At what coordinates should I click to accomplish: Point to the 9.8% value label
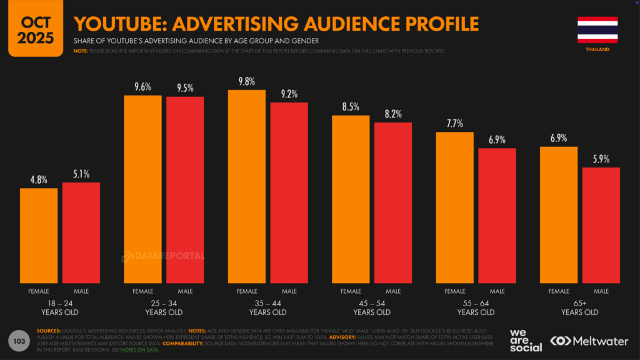247,81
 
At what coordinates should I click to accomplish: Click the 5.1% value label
81,174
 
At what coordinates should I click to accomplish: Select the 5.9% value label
601,159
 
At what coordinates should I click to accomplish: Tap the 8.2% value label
393,114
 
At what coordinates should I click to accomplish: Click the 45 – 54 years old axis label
372,307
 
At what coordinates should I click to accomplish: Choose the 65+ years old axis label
580,307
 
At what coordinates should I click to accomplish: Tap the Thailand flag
597,29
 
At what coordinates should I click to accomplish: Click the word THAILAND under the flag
597,49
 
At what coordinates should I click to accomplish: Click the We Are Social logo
525,341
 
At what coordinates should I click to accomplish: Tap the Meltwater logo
589,341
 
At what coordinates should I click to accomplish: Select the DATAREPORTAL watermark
162,255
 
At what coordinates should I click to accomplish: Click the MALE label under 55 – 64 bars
497,291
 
